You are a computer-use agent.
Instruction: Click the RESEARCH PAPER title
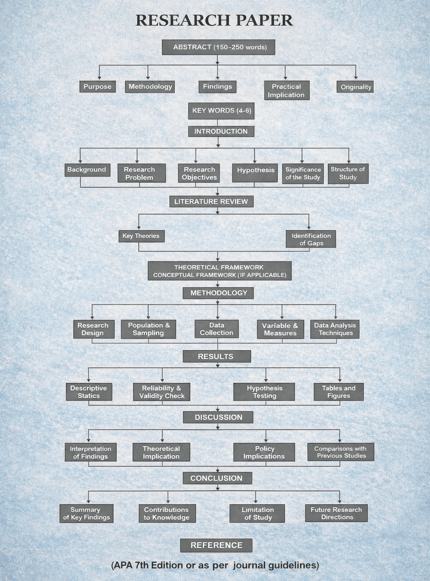tap(214, 20)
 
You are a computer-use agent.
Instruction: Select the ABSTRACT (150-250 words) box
tap(218, 47)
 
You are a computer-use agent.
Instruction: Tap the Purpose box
tap(97, 87)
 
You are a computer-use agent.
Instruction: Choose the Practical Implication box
tap(286, 90)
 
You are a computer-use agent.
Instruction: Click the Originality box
tap(355, 87)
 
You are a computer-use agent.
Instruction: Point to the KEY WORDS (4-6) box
tap(221, 110)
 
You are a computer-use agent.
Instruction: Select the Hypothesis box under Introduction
tap(255, 172)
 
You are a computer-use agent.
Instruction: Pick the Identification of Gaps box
tap(311, 239)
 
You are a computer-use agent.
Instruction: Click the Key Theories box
tap(141, 236)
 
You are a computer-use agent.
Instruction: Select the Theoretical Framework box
tap(220, 271)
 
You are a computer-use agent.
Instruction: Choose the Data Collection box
tap(217, 329)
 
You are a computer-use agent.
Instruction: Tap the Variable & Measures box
tap(280, 329)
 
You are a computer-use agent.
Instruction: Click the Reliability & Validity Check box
tap(162, 392)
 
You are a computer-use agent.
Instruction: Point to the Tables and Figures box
tap(338, 392)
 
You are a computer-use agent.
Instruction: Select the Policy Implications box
tap(264, 452)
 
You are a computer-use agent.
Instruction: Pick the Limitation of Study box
tap(257, 513)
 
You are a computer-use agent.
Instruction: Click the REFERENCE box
tap(216, 545)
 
